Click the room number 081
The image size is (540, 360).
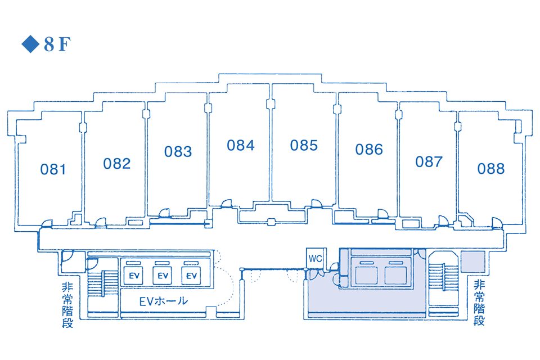tap(53, 169)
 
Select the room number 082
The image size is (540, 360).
tap(117, 164)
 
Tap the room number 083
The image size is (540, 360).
tap(178, 151)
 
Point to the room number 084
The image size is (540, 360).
tap(241, 145)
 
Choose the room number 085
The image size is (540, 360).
tap(304, 145)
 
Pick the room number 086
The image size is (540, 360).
tap(369, 150)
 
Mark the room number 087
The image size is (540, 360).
tap(429, 161)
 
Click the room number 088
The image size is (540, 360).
tap(491, 169)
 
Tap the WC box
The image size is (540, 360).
tap(316, 258)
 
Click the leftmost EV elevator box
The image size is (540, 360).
tap(134, 275)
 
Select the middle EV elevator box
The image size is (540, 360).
tap(162, 275)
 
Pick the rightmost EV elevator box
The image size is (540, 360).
tap(191, 275)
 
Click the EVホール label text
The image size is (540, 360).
tap(164, 301)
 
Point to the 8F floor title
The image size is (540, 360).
tap(57, 44)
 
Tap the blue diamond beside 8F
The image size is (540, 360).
tap(30, 44)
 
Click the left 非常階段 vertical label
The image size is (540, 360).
tap(67, 305)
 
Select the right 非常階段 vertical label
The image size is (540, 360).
tap(479, 303)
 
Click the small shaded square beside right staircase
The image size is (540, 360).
tap(473, 262)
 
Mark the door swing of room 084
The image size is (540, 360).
tap(227, 203)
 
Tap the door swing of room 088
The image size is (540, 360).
tap(497, 223)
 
